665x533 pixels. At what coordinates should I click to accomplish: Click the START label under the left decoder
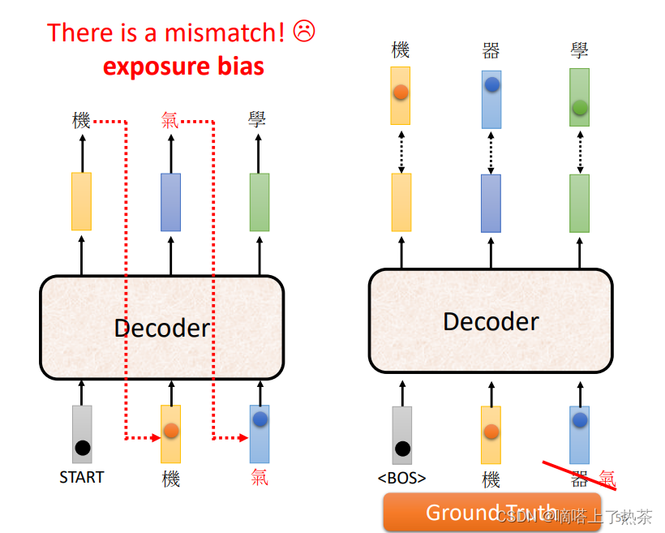pos(81,477)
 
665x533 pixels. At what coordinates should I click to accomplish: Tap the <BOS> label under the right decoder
pos(401,478)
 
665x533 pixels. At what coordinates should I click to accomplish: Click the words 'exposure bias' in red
pos(183,66)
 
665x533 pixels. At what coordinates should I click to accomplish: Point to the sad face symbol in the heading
pos(303,32)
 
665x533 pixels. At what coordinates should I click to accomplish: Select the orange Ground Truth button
pos(491,513)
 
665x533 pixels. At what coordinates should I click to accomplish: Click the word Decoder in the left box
pos(161,328)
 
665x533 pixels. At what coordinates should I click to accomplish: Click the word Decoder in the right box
pos(491,321)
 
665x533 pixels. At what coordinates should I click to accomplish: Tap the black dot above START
pos(82,447)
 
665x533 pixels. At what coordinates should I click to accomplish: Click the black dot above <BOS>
pos(402,448)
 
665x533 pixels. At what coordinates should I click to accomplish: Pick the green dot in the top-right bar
pos(579,107)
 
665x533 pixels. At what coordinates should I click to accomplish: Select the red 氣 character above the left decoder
pos(170,122)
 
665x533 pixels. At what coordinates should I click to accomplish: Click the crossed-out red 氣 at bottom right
pos(607,479)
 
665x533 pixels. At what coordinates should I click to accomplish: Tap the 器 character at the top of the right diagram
pos(490,50)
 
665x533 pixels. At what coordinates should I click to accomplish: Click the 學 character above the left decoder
pos(258,122)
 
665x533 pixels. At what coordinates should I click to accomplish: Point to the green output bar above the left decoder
pos(259,202)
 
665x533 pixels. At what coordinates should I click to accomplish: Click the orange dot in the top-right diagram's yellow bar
pos(401,92)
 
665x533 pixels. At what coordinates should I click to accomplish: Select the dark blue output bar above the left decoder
pos(170,202)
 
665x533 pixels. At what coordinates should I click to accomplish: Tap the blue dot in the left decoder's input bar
pos(260,419)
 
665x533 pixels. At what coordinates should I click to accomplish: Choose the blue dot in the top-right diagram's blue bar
pos(491,84)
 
